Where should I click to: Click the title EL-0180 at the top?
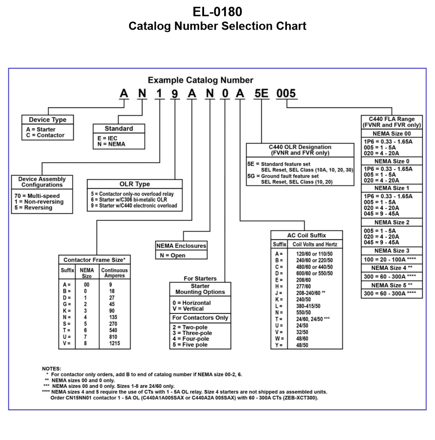217,12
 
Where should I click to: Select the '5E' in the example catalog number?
261,94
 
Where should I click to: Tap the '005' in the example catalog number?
286,94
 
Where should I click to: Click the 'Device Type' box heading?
47,120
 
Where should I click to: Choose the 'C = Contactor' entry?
45,135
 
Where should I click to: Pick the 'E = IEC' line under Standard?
107,138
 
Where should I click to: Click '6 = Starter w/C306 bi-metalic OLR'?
129,200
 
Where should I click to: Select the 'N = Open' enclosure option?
173,255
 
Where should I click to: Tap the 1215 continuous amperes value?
115,343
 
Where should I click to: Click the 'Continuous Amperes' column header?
115,273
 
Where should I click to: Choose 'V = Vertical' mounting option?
188,309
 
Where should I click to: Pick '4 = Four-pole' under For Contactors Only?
191,339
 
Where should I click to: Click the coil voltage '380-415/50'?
308,306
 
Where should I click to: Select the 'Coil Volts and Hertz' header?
315,245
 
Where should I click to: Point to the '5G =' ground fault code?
253,176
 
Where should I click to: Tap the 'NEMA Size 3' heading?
391,251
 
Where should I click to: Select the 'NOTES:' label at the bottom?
51,369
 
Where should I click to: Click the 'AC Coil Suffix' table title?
306,236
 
